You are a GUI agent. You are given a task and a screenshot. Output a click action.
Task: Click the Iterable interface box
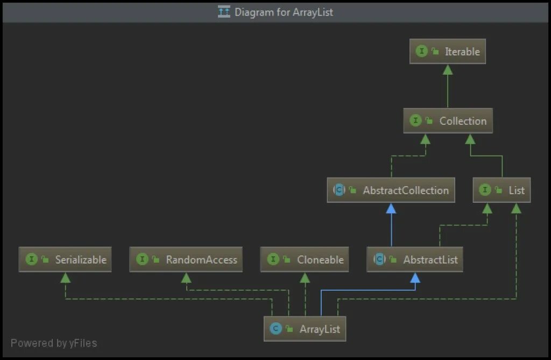point(447,52)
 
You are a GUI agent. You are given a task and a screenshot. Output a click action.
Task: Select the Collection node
point(448,121)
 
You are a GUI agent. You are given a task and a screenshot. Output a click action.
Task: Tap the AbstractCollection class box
point(391,190)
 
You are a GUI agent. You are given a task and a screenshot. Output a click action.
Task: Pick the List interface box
point(501,190)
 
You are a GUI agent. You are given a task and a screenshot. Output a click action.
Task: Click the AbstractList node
point(414,259)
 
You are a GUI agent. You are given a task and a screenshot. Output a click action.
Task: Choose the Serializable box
point(65,259)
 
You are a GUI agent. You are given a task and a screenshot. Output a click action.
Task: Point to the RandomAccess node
point(186,259)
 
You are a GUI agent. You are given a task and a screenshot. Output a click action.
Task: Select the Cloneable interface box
point(305,259)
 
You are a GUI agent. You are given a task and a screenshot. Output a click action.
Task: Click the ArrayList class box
point(305,329)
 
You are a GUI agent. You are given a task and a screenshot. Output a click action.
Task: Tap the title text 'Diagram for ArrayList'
point(284,12)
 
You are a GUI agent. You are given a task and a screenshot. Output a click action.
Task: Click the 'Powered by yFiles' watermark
point(54,343)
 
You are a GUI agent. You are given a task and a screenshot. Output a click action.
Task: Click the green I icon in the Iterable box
point(421,52)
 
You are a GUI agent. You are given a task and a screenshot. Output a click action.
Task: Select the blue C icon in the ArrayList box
point(276,329)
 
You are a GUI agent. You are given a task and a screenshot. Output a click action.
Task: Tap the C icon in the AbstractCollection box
point(339,190)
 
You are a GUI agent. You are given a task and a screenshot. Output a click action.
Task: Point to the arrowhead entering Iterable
point(447,69)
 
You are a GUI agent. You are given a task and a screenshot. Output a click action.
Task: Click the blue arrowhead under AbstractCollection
point(391,208)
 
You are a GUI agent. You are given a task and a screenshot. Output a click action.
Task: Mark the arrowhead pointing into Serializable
point(65,278)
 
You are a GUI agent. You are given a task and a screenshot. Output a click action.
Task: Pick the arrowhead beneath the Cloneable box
point(305,278)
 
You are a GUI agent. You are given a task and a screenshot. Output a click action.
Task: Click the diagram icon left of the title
point(224,12)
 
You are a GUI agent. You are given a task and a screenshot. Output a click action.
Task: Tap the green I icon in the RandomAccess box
point(142,259)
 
